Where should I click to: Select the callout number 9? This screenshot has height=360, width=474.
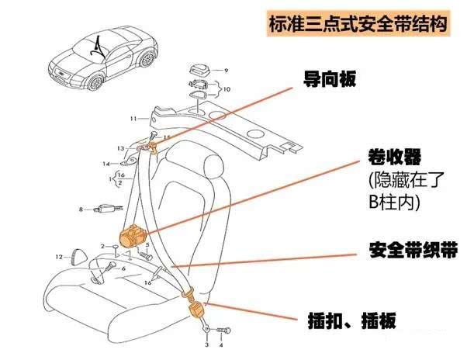click(227, 71)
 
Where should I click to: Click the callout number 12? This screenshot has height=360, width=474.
click(58, 256)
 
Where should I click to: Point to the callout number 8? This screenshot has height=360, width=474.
click(80, 209)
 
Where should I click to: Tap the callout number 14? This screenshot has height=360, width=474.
click(106, 164)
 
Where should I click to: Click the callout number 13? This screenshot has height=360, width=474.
click(120, 147)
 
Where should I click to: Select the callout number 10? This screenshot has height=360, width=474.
click(227, 89)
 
